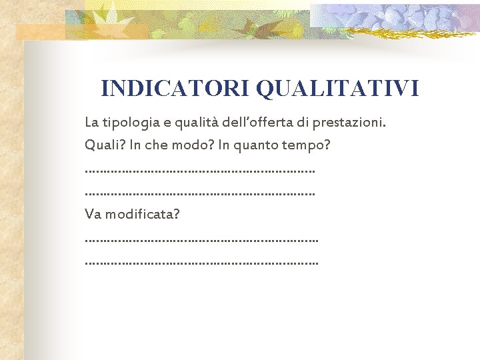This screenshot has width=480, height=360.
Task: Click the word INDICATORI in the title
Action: coord(175,88)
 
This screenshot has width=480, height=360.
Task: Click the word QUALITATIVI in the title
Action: coord(337,88)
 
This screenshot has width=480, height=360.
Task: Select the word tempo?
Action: coord(308,145)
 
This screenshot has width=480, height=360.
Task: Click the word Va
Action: coord(93,215)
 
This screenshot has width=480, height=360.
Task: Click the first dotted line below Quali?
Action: coord(200,171)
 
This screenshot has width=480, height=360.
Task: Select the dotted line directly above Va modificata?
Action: coord(200,194)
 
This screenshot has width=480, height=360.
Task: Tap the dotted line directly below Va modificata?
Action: coord(201,239)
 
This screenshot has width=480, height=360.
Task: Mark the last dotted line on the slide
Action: coord(201,263)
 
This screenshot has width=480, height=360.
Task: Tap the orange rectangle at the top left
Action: coord(40,32)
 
